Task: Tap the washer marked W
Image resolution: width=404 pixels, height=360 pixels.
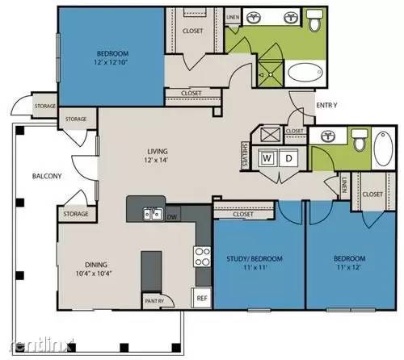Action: point(266,158)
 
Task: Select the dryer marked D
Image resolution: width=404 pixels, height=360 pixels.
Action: point(288,158)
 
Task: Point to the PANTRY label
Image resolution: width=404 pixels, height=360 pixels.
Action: point(154,301)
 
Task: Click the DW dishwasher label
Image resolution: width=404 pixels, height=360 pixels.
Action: point(172,216)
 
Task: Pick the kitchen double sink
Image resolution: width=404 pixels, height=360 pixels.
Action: point(151,214)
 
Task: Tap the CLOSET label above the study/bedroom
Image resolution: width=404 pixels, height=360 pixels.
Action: point(242,216)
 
